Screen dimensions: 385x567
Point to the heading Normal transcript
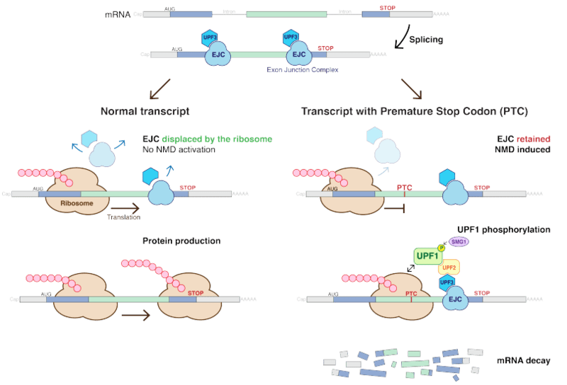tap(145, 112)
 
